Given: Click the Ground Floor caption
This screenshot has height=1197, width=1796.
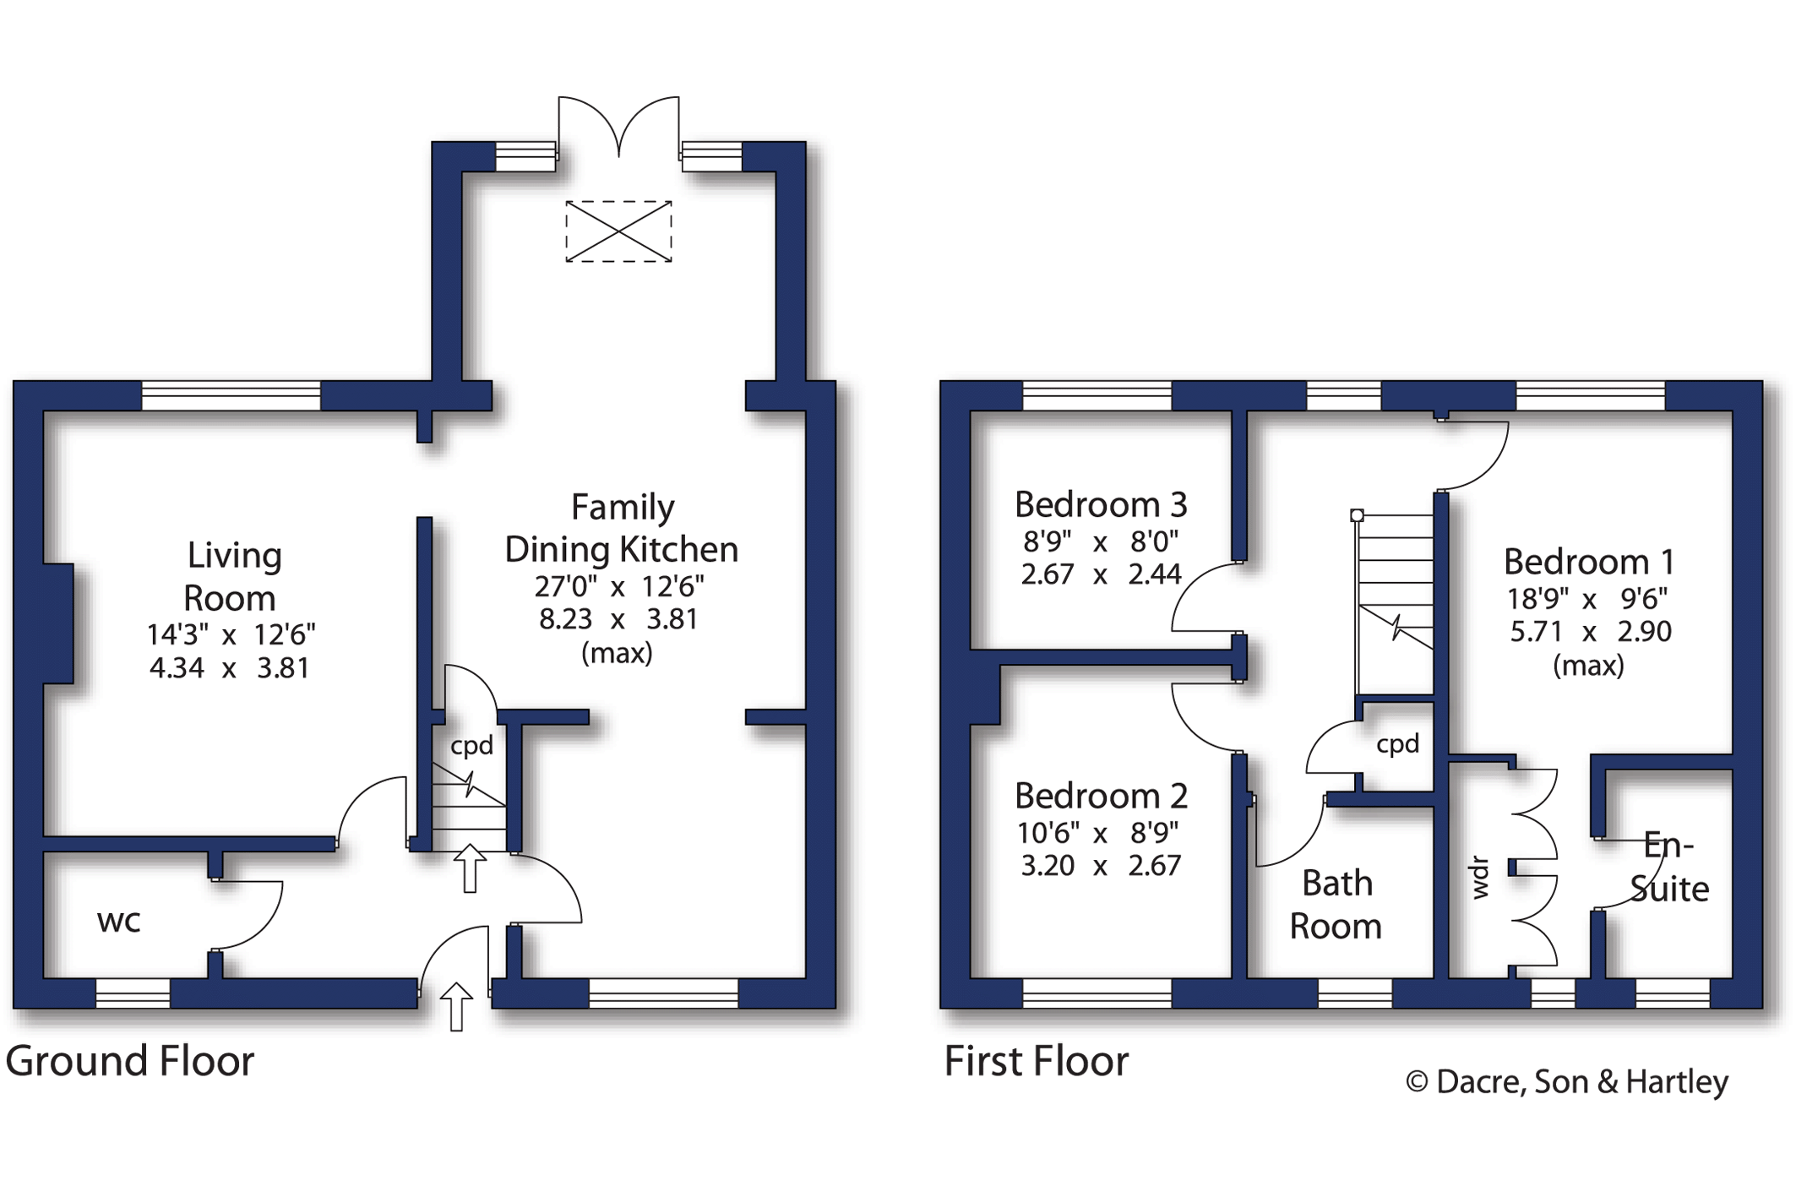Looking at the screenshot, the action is (x=129, y=1061).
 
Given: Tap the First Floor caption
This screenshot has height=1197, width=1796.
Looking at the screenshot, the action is (x=1036, y=1061).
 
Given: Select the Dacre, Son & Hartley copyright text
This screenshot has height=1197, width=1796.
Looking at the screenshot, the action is (x=1567, y=1082).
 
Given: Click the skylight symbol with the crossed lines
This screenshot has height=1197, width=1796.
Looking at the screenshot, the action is (x=618, y=231).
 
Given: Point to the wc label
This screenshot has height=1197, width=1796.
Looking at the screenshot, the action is (x=118, y=922).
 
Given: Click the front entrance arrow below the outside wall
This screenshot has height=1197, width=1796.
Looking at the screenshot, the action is (x=456, y=1006).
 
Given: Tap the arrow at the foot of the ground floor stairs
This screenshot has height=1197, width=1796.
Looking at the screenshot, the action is (x=470, y=868).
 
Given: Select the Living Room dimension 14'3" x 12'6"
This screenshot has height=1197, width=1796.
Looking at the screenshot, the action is (x=231, y=634).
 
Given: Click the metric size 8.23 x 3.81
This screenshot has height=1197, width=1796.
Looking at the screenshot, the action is (x=618, y=619).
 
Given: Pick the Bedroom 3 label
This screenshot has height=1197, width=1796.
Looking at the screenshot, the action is (x=1101, y=504).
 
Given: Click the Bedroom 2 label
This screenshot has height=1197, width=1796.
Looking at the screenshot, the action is (x=1101, y=796).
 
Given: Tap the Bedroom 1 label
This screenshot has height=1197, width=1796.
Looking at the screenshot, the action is (x=1588, y=562).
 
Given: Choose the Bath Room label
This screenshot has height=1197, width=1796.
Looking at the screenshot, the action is (x=1336, y=905).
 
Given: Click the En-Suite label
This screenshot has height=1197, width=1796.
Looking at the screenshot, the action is (x=1669, y=867).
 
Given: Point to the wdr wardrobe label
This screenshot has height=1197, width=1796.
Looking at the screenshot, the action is (x=1480, y=878).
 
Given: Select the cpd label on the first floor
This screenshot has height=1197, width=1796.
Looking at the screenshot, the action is (x=1398, y=744).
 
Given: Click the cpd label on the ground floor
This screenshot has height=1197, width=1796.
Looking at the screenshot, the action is (x=471, y=746).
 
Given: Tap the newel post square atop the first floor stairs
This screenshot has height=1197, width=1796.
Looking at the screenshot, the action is (x=1357, y=515).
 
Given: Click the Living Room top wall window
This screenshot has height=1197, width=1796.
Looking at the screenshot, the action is (x=231, y=395).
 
